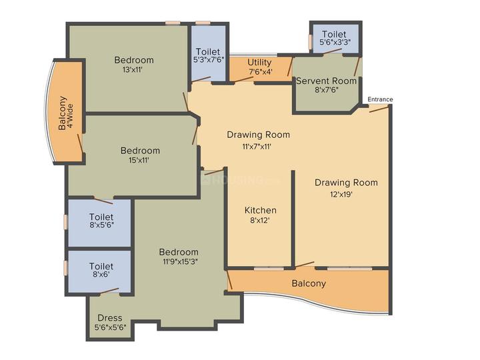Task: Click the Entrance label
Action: [x=380, y=99]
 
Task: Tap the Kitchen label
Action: [x=261, y=210]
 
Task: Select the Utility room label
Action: [x=259, y=63]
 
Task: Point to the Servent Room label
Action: [x=326, y=81]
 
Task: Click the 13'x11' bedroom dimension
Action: [x=133, y=70]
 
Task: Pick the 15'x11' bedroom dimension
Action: [x=139, y=160]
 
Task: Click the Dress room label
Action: [x=110, y=318]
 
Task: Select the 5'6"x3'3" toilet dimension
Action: [x=335, y=42]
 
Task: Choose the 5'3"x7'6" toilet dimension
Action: [x=209, y=60]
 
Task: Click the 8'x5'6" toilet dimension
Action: [x=101, y=225]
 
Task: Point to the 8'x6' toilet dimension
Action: [x=101, y=274]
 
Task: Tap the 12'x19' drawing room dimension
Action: [x=341, y=195]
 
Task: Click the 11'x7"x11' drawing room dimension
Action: [x=257, y=147]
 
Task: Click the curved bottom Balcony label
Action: [x=309, y=283]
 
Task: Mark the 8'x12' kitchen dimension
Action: [x=259, y=220]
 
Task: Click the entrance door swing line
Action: [x=379, y=109]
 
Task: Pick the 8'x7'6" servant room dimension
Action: [x=326, y=90]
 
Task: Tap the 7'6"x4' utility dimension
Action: [x=259, y=72]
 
